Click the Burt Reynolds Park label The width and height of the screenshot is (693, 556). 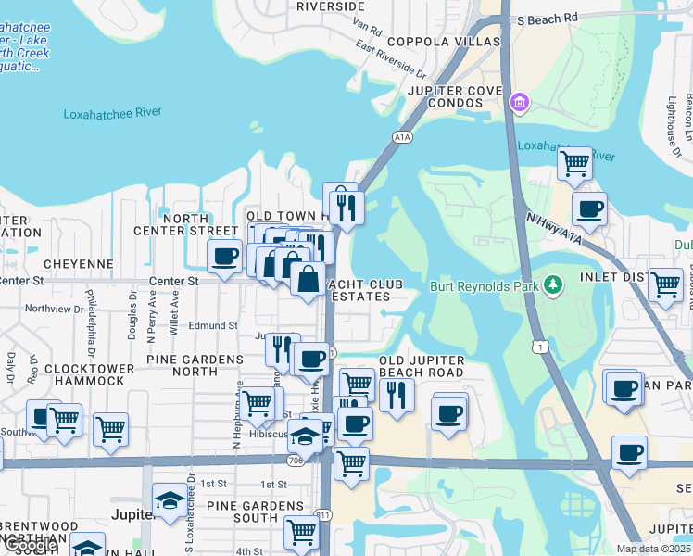(x=485, y=285)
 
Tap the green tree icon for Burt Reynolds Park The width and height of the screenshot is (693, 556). (x=554, y=284)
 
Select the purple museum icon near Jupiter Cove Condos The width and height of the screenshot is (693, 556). (x=519, y=100)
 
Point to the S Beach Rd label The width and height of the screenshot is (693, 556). (x=548, y=18)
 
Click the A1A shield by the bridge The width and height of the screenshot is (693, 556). (x=401, y=137)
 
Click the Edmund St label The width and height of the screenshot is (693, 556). (x=214, y=326)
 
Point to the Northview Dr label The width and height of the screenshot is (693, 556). (x=54, y=309)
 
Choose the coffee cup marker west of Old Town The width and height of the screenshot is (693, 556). (x=223, y=257)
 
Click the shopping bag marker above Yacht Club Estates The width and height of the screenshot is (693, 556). (x=308, y=277)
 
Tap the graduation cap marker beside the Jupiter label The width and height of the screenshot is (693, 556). (x=169, y=501)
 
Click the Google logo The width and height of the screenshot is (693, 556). (x=30, y=546)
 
